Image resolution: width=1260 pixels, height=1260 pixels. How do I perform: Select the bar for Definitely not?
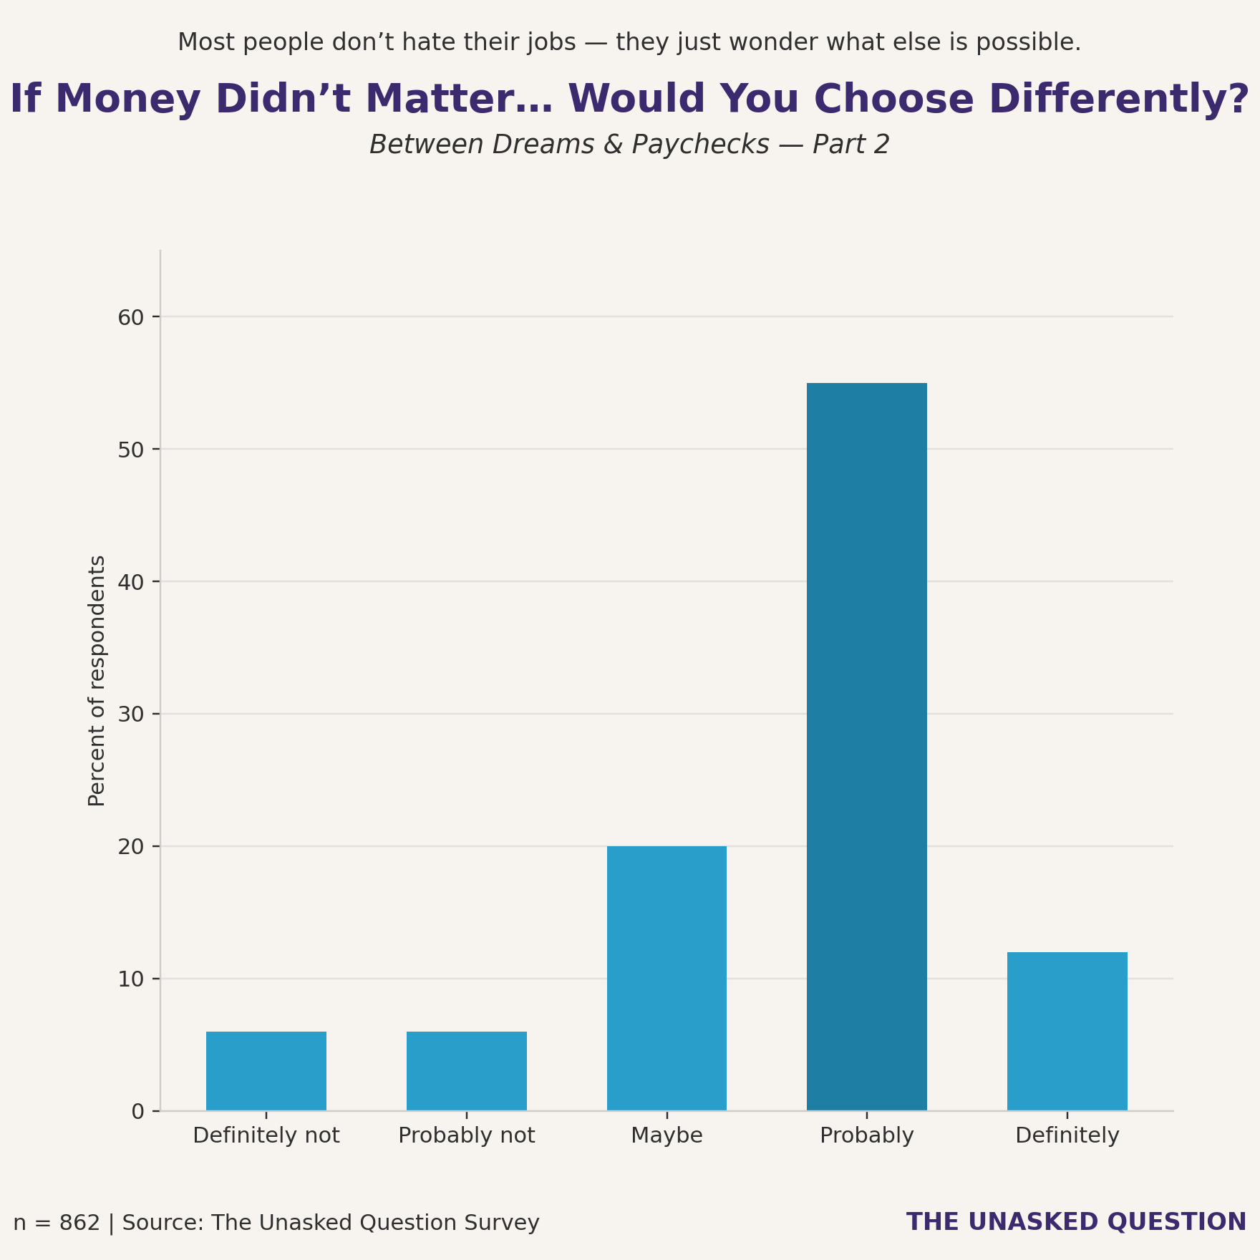(x=266, y=1071)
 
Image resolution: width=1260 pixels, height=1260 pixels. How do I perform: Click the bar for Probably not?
(x=466, y=1071)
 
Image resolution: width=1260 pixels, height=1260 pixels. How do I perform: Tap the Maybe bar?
(x=667, y=978)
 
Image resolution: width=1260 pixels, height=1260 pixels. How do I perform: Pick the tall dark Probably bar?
(x=866, y=747)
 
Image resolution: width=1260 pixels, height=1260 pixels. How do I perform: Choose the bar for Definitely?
(x=1067, y=1031)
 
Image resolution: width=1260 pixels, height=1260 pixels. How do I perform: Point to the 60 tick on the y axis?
(x=130, y=317)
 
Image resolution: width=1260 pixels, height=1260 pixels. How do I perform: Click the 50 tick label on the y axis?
(x=130, y=450)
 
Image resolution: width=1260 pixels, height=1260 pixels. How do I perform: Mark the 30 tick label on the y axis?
(x=130, y=714)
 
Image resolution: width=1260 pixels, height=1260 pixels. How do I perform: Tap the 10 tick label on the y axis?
(x=130, y=979)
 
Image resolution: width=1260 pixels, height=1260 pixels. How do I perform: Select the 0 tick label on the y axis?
(x=137, y=1112)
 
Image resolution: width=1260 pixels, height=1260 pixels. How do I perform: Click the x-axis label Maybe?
(x=667, y=1136)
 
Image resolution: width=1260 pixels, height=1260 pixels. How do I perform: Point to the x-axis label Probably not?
(x=466, y=1136)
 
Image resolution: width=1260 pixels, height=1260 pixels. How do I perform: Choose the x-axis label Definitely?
(x=1067, y=1136)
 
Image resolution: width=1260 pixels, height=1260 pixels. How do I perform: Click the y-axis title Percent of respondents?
(x=97, y=681)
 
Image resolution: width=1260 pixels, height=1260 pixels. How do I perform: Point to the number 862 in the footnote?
(x=79, y=1223)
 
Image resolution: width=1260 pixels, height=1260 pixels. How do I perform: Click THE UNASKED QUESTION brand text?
(x=1076, y=1222)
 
